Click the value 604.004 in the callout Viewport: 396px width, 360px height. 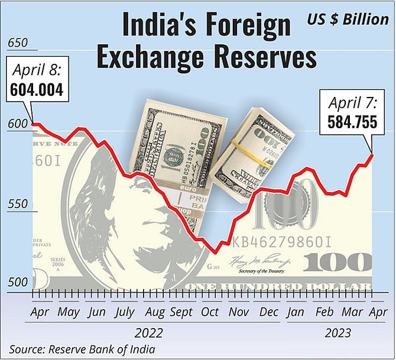(37, 90)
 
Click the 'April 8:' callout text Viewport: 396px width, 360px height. (37, 71)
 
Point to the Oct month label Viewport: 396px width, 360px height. (210, 312)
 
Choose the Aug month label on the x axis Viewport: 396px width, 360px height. (154, 312)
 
